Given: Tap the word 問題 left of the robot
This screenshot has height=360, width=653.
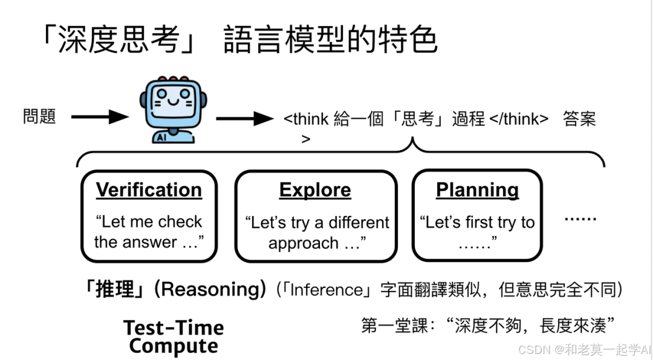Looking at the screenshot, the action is pyautogui.click(x=40, y=116).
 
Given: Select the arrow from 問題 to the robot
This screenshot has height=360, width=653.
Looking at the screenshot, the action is pyautogui.click(x=99, y=117).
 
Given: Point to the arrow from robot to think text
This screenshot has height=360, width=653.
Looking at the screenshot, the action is pyautogui.click(x=244, y=118).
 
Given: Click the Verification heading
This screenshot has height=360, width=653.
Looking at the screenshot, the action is pyautogui.click(x=149, y=189).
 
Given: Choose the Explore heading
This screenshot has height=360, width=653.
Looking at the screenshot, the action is pyautogui.click(x=315, y=189).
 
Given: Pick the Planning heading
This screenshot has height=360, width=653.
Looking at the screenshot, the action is pyautogui.click(x=477, y=189).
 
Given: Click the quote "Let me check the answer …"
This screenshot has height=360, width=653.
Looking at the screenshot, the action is pyautogui.click(x=149, y=232).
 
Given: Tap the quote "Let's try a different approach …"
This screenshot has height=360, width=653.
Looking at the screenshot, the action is pyautogui.click(x=317, y=233).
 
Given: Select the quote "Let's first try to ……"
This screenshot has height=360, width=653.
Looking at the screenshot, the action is pyautogui.click(x=477, y=233).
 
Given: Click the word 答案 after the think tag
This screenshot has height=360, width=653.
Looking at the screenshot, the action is pyautogui.click(x=579, y=119).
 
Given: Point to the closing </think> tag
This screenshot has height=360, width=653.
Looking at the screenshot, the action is pyautogui.click(x=518, y=119).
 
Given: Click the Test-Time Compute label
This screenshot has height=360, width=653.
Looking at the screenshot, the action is pyautogui.click(x=174, y=337).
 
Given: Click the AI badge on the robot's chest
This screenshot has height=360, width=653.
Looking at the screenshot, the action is pyautogui.click(x=161, y=137).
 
